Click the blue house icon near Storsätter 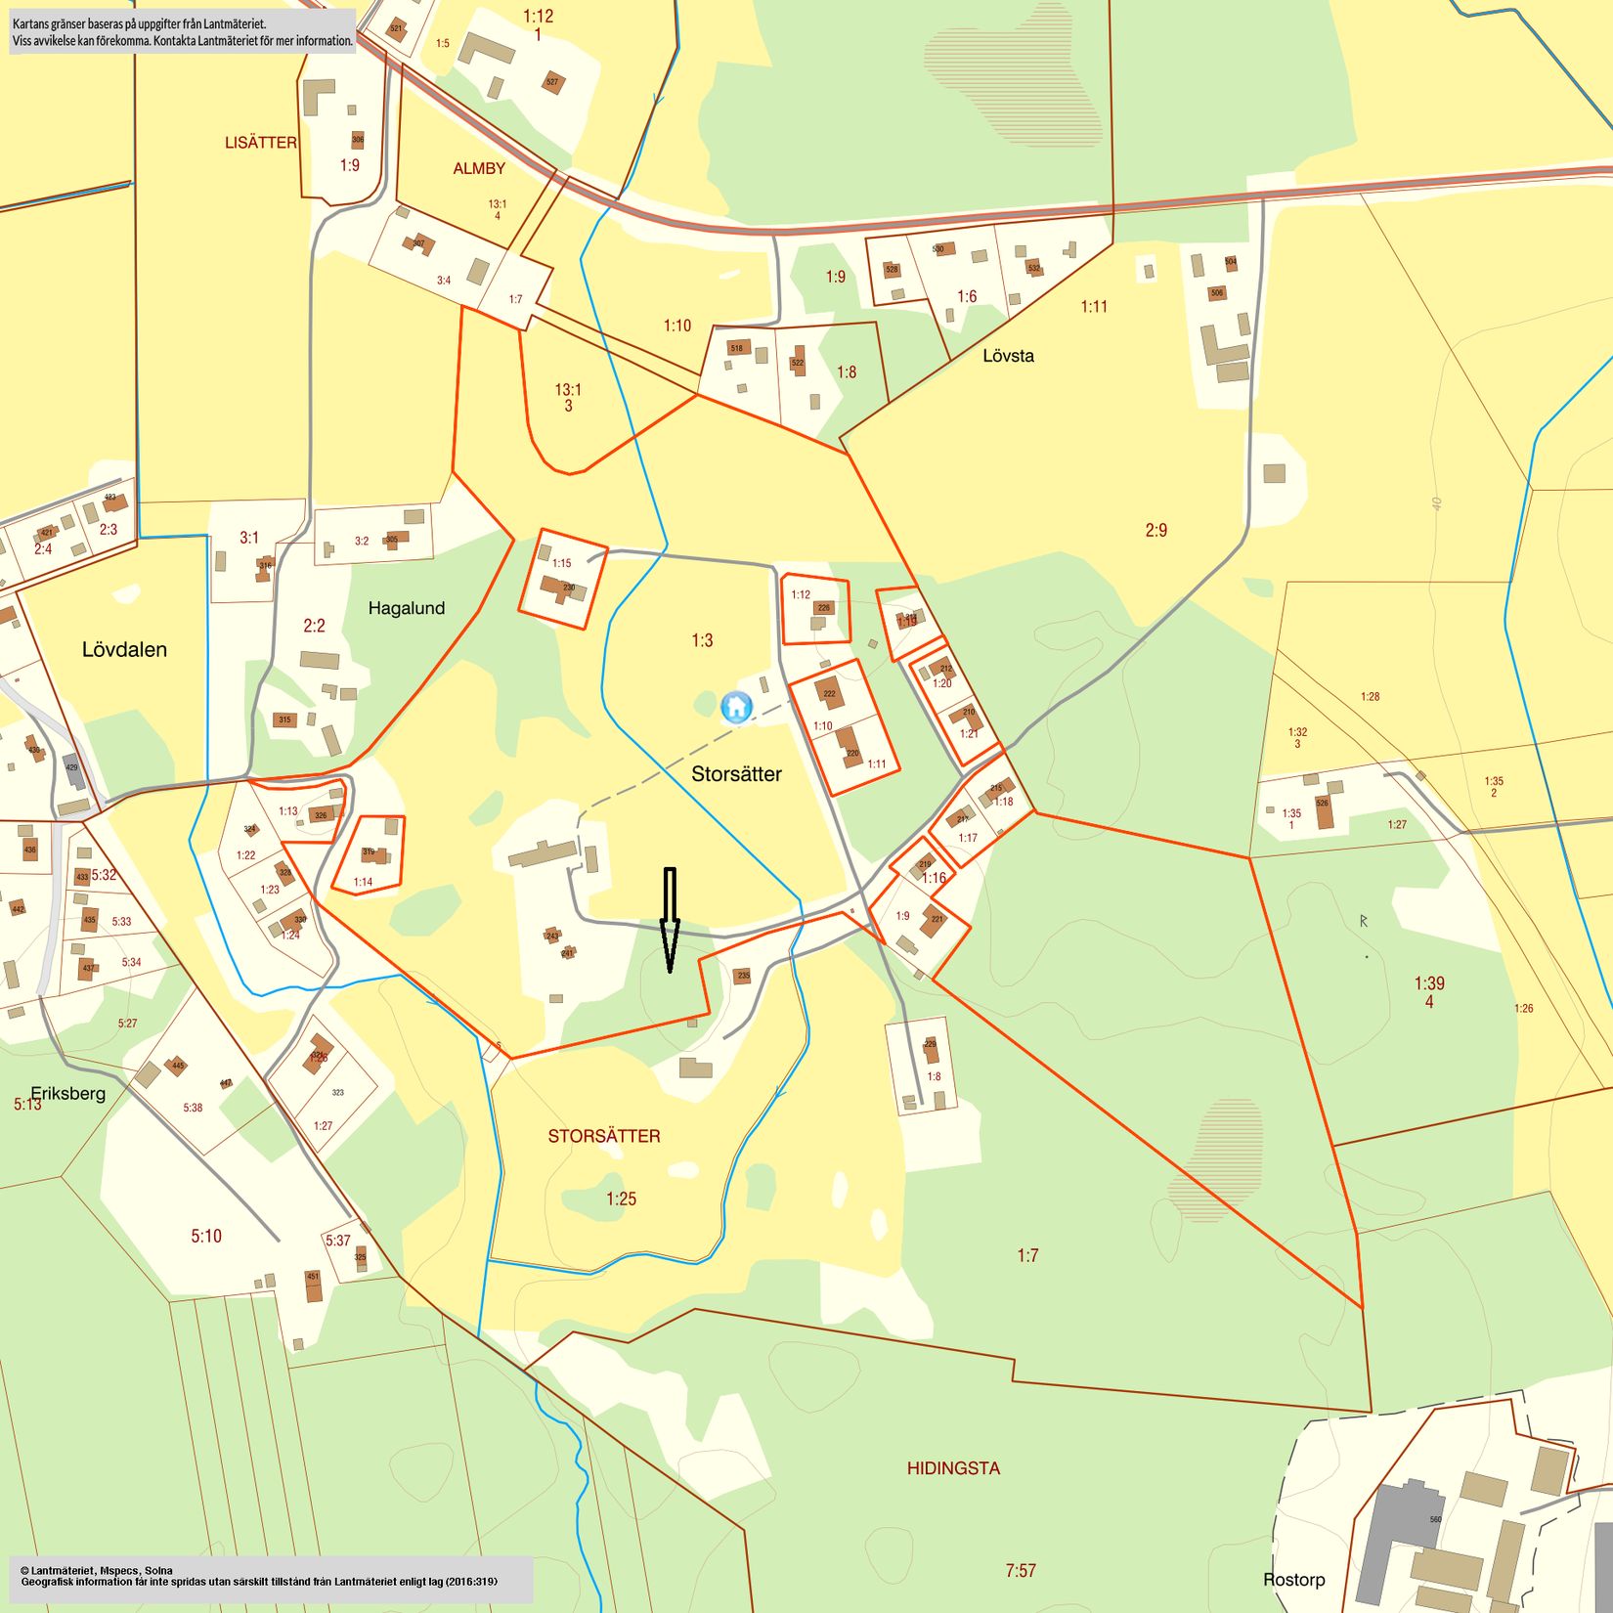coord(736,706)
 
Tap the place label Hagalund coord(407,608)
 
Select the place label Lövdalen coord(124,650)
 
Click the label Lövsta coord(1008,356)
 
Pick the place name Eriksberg coord(67,1093)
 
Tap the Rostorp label coord(1293,1579)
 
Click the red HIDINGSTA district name coord(953,1467)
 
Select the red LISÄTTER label coord(261,143)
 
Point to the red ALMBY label coord(479,169)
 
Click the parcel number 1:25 coord(621,1199)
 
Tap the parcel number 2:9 coord(1155,530)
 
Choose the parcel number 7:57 coord(1021,1570)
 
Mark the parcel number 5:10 coord(206,1236)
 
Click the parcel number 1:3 coord(702,640)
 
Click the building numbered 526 coord(1324,810)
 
